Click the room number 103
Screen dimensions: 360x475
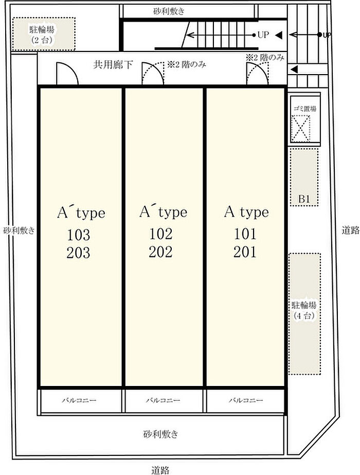coord(78,235)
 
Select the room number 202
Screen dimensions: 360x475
coord(160,252)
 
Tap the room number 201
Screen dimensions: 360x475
coord(245,252)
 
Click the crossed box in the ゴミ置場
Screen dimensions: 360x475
coord(301,129)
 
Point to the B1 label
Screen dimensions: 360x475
coord(304,199)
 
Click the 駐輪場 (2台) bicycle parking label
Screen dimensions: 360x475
coord(42,34)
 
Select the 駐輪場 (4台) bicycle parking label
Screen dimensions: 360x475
coord(304,310)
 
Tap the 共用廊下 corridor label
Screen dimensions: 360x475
coord(113,64)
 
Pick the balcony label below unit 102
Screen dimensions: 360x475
coord(163,400)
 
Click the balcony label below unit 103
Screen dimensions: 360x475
coord(79,400)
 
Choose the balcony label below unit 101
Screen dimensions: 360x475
coord(246,400)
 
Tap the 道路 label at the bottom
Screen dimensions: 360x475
coord(160,470)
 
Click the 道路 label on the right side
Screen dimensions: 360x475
coord(351,230)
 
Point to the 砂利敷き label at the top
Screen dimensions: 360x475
coord(169,11)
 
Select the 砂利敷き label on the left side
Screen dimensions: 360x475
coord(19,231)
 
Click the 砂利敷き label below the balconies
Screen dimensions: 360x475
coord(160,434)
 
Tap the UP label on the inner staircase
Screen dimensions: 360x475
coord(263,34)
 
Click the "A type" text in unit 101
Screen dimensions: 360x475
coord(246,213)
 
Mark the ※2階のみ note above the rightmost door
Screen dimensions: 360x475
coord(265,57)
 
